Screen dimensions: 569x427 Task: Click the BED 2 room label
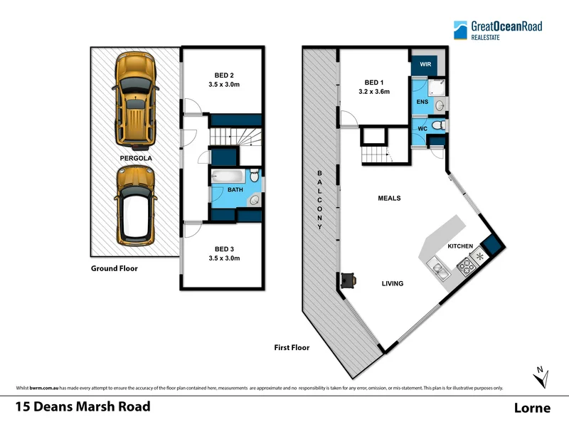pyautogui.click(x=225, y=74)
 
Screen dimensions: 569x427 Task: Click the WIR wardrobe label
pyautogui.click(x=425, y=64)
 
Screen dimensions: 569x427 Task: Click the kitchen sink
pyautogui.click(x=438, y=270)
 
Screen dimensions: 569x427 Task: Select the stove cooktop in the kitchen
pyautogui.click(x=467, y=268)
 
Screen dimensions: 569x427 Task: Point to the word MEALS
pyautogui.click(x=389, y=199)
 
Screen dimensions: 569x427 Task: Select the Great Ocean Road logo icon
pyautogui.click(x=462, y=29)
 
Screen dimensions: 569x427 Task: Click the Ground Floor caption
pyautogui.click(x=114, y=268)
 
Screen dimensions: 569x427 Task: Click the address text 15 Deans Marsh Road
pyautogui.click(x=83, y=407)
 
